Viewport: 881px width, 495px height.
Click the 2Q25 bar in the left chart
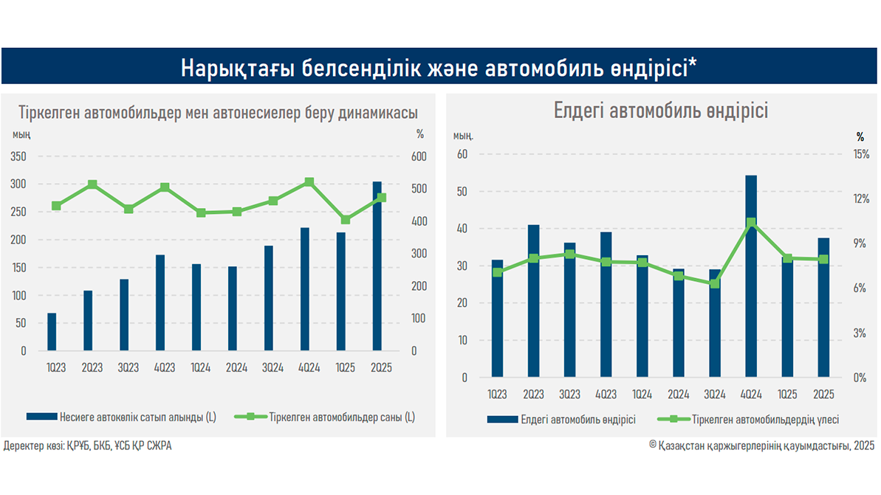(377, 266)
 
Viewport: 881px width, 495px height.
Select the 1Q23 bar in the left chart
(52, 332)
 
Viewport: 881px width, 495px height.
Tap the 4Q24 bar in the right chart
(750, 277)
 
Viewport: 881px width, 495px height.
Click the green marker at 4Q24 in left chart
(309, 181)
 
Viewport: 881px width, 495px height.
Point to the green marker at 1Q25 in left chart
(346, 219)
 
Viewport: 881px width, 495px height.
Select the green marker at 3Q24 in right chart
(714, 283)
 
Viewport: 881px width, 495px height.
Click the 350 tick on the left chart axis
(18, 156)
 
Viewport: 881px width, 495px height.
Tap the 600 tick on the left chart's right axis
(419, 156)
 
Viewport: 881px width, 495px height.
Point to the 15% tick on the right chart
(859, 154)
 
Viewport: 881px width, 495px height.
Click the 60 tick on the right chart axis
(463, 154)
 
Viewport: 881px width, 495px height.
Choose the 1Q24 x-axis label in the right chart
(642, 395)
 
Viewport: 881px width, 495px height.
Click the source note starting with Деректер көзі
(88, 446)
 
